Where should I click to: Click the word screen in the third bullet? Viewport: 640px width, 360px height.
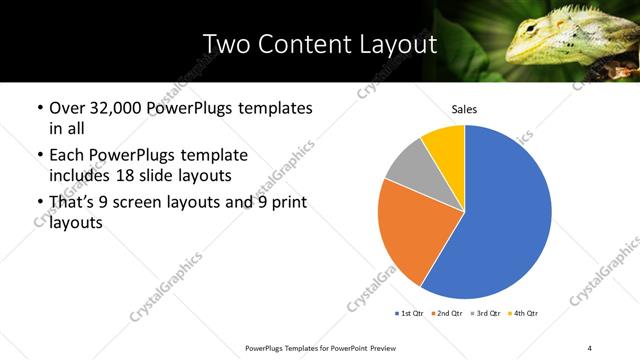click(140, 203)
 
